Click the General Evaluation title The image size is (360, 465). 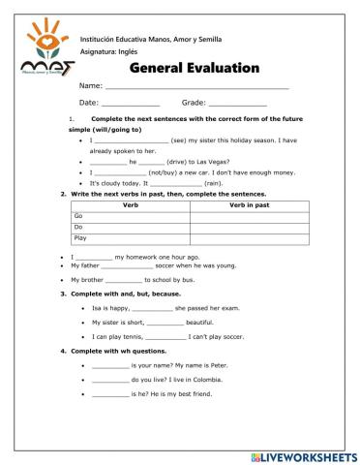pyautogui.click(x=194, y=68)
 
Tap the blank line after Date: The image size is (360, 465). pyautogui.click(x=131, y=103)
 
